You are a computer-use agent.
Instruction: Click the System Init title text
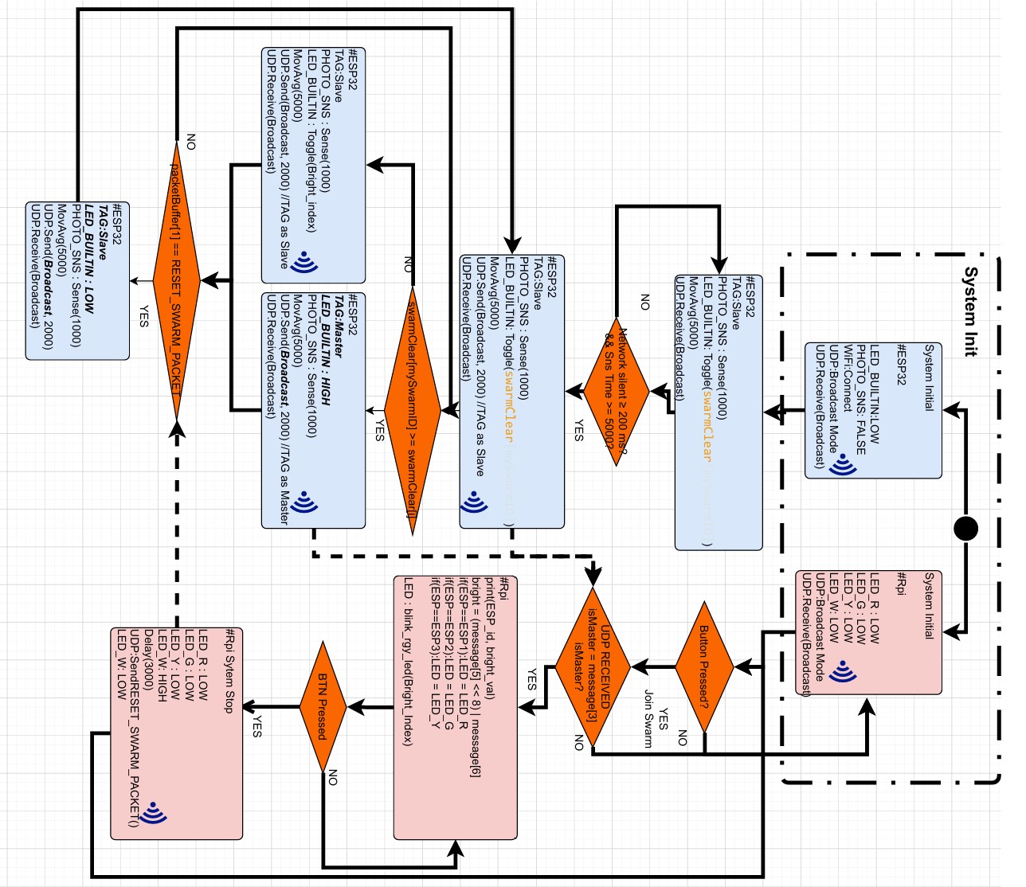pyautogui.click(x=970, y=311)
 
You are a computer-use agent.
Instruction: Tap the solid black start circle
pyautogui.click(x=965, y=528)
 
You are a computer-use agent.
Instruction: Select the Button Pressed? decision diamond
pyautogui.click(x=704, y=666)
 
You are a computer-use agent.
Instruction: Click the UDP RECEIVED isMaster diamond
pyautogui.click(x=593, y=667)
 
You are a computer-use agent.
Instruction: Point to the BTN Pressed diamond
pyautogui.click(x=323, y=706)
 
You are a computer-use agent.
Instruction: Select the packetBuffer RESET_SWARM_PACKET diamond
pyautogui.click(x=177, y=280)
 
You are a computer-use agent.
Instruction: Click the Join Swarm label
pyautogui.click(x=648, y=718)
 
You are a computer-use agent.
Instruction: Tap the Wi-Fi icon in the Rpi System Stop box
pyautogui.click(x=152, y=811)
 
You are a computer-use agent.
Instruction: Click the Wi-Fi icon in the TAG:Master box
pyautogui.click(x=304, y=502)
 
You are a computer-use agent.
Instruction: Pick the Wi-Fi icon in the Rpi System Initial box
pyautogui.click(x=842, y=672)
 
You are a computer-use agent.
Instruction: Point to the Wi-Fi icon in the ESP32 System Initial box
pyautogui.click(x=842, y=464)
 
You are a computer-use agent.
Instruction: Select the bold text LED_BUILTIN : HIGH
pyautogui.click(x=326, y=350)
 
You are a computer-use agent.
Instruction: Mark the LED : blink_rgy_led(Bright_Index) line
pyautogui.click(x=408, y=661)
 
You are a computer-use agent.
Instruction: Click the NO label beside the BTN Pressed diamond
pyautogui.click(x=333, y=777)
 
